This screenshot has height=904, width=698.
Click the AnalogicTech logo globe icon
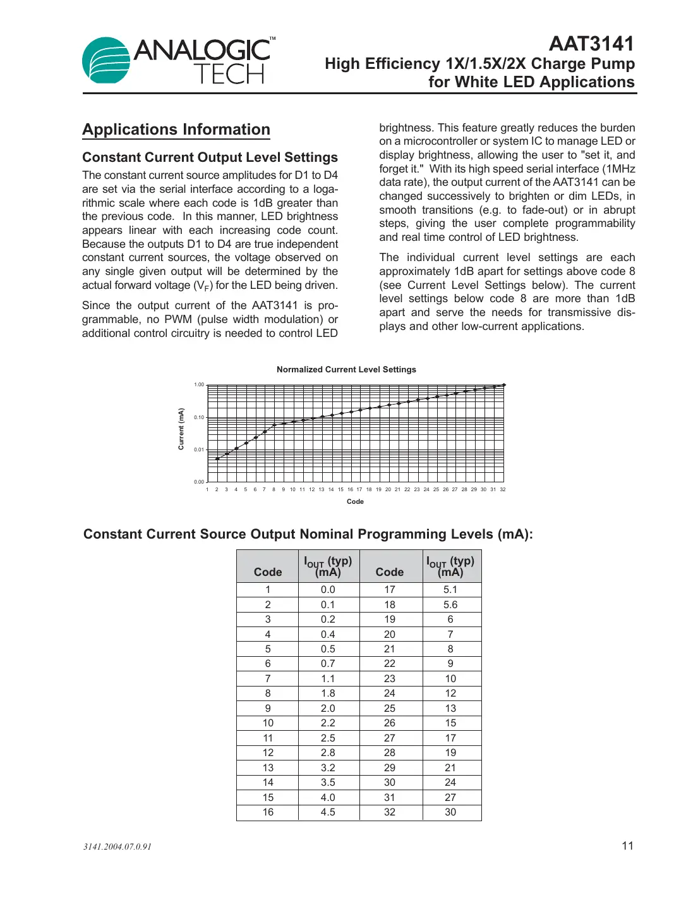click(x=105, y=61)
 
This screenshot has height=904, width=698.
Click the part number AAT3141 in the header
click(x=591, y=44)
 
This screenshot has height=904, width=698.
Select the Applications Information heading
click(x=176, y=130)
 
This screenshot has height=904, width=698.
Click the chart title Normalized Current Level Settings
click(x=346, y=369)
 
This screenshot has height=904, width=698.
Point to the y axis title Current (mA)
click(x=181, y=429)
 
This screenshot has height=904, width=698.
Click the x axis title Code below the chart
click(x=355, y=501)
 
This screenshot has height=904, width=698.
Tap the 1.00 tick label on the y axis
click(x=199, y=384)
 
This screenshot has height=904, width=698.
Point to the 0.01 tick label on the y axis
click(x=199, y=449)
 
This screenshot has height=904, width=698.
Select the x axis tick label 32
click(x=503, y=489)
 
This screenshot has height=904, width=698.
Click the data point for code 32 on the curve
click(x=503, y=385)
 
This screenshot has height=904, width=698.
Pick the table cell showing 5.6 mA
click(x=450, y=604)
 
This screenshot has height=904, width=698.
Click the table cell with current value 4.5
click(x=328, y=812)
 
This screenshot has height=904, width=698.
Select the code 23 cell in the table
click(x=390, y=678)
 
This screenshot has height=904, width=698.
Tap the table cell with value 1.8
click(x=328, y=693)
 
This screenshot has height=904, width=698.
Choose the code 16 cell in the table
click(x=268, y=812)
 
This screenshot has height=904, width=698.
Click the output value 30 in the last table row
click(x=450, y=812)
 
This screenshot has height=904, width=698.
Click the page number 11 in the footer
click(x=627, y=846)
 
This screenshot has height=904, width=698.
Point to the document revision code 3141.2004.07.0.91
click(x=117, y=846)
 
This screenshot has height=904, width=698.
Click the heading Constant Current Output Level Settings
click(x=210, y=157)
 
